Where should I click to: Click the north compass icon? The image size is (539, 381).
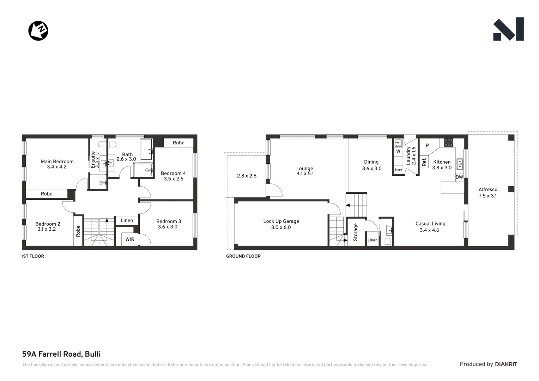point(38,31)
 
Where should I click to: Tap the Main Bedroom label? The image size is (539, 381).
point(57,164)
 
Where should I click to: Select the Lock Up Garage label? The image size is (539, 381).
point(281,224)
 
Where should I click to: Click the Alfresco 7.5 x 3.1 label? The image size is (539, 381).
point(488,193)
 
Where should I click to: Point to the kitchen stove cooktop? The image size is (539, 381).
point(448,143)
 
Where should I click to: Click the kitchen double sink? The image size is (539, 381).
point(460,164)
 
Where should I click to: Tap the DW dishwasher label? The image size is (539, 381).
point(459,177)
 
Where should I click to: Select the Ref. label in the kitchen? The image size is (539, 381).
point(424,162)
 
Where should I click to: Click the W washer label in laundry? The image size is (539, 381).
point(398,151)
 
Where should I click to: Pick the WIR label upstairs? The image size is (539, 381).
point(130,239)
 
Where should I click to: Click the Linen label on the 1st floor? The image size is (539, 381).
point(127,220)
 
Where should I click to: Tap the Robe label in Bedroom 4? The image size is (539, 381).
point(178,143)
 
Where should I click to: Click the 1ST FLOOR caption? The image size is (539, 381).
point(32,256)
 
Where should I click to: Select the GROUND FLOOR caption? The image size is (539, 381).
point(243,256)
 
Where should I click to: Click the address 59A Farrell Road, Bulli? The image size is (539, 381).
point(61,354)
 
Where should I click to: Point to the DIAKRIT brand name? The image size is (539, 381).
point(506,364)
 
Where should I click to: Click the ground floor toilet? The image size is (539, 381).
point(387,242)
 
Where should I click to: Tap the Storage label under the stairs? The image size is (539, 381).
point(356,232)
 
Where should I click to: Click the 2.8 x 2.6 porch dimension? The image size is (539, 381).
point(247,176)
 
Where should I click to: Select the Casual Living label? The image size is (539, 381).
point(430,226)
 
